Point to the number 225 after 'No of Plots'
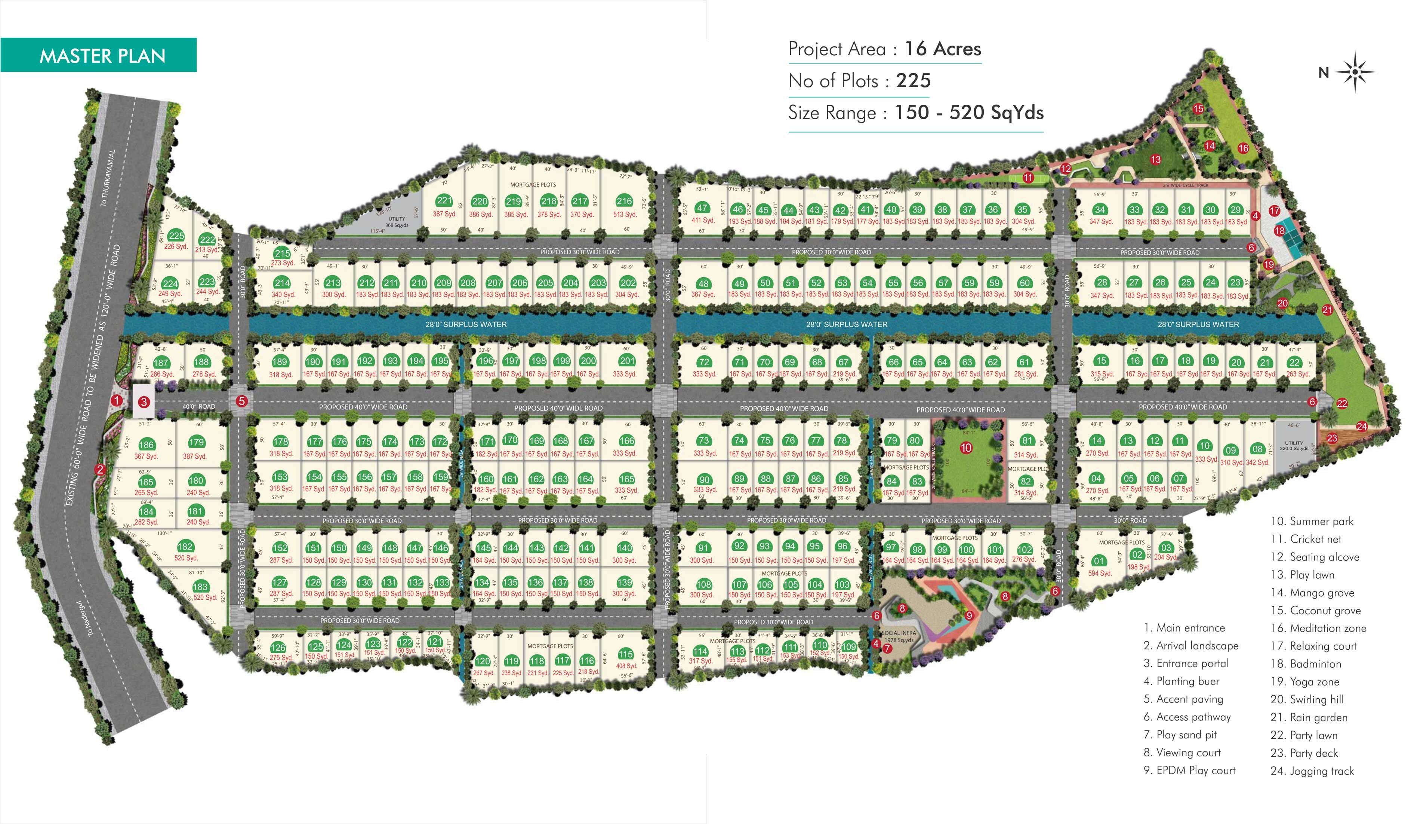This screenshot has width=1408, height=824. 913,81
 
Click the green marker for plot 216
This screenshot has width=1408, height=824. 624,201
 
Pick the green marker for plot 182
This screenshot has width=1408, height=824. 185,547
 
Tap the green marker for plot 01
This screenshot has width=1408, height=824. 1099,561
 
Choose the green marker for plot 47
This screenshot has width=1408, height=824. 702,208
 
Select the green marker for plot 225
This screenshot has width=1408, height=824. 176,236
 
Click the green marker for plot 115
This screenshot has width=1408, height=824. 626,654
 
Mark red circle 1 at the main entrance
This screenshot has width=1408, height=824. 116,400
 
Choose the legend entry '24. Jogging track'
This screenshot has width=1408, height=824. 1312,771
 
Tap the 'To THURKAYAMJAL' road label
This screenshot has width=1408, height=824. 108,178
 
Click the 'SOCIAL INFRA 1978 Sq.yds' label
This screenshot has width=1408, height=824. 899,637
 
